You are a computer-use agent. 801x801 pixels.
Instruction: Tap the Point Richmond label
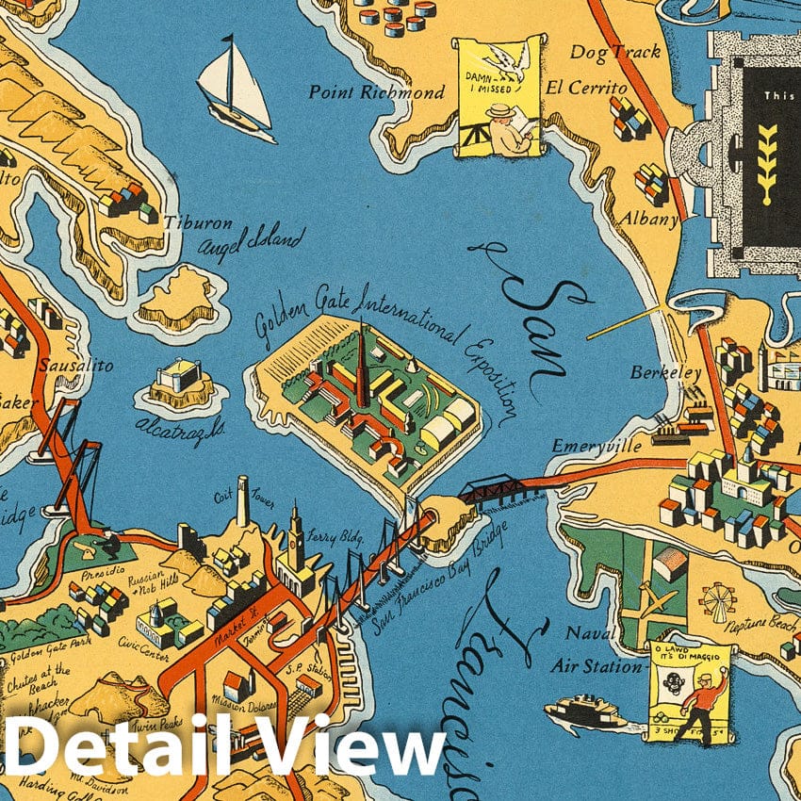point(376,92)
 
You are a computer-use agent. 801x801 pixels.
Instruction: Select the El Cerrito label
point(586,88)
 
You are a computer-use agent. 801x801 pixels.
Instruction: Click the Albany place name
point(648,219)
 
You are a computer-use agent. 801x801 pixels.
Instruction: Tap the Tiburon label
point(198,223)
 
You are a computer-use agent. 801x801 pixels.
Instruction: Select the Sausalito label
point(75,364)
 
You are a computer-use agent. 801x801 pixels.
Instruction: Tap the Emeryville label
point(597,445)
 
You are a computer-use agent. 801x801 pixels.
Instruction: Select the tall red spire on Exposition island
point(360,363)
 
